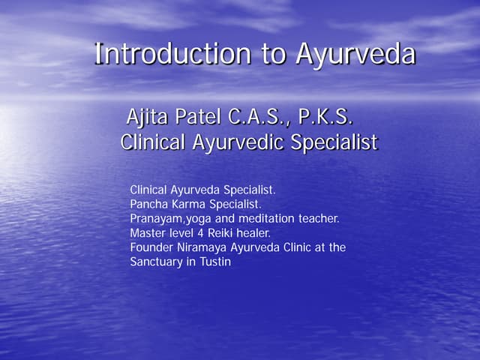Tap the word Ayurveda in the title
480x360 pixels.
[355, 54]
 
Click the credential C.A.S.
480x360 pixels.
[259, 118]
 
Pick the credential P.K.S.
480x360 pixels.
[325, 118]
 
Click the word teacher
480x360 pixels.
[320, 219]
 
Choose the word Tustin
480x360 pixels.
[214, 262]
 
